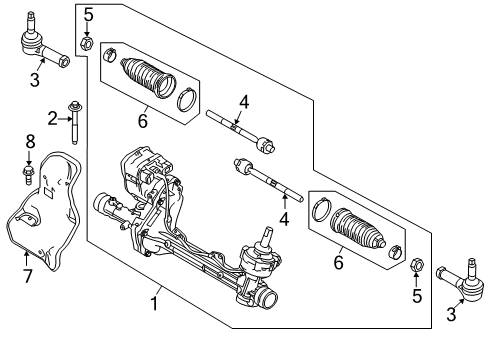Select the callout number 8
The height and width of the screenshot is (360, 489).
30,143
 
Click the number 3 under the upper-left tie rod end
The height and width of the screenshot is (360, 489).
35,80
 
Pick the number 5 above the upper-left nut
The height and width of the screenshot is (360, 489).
88,14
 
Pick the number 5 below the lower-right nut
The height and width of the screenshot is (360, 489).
418,296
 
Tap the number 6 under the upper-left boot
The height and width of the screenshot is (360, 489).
142,120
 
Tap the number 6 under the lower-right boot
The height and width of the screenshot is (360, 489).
339,262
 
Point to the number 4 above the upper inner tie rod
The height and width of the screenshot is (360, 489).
243,100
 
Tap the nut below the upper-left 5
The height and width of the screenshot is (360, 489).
88,43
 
